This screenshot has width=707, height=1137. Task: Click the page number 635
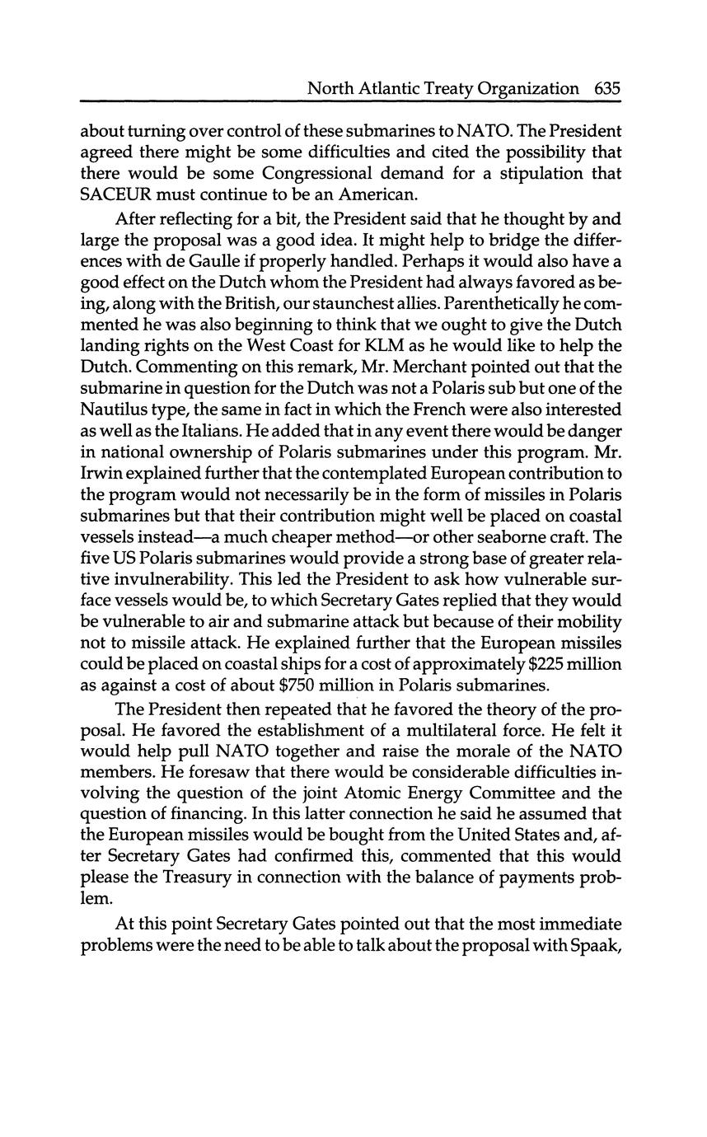pos(606,88)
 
